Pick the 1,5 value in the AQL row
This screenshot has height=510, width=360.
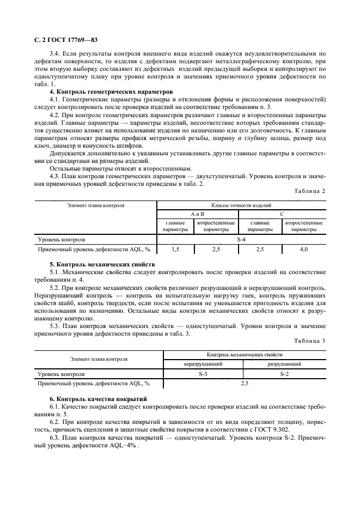175,249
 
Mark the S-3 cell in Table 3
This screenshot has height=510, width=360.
203,374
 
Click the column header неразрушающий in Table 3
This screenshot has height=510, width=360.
203,364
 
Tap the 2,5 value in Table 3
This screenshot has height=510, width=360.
244,384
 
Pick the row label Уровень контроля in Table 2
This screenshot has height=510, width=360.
61,239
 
